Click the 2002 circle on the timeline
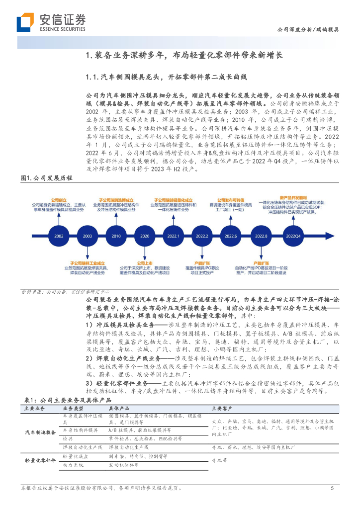pyautogui.click(x=59, y=236)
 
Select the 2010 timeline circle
pyautogui.click(x=116, y=236)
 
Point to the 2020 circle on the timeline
pyautogui.click(x=145, y=236)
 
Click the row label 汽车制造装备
pyautogui.click(x=40, y=433)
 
